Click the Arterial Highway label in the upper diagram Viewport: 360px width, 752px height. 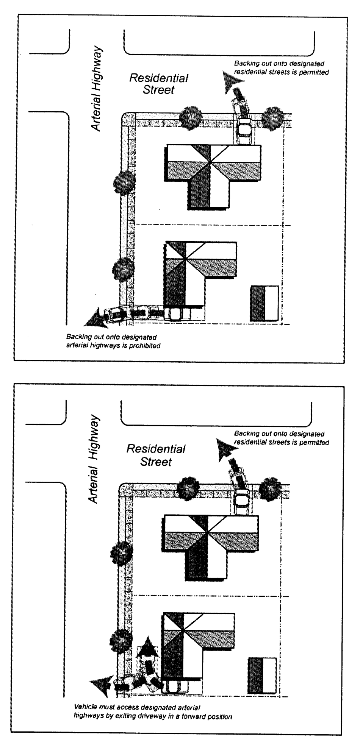97,89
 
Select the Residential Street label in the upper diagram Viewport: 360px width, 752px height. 159,84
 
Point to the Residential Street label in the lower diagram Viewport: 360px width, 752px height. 156,455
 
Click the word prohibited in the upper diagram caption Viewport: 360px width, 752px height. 145,346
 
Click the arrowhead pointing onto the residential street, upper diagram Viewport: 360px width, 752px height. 230,82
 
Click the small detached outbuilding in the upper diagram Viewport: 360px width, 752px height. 264,303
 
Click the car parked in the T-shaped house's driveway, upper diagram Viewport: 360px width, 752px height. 245,131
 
